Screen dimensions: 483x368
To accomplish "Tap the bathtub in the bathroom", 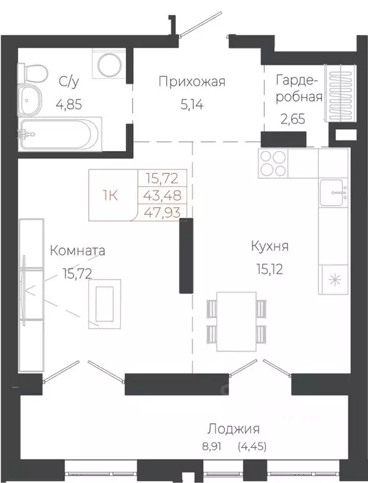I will [58, 134].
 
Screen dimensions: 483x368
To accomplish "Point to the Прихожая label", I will [192, 82].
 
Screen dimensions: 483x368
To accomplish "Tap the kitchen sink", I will [333, 192].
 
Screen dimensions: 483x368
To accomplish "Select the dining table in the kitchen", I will [236, 321].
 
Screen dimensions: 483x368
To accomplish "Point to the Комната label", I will [78, 251].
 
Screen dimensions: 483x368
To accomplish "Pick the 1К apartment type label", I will [110, 195].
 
